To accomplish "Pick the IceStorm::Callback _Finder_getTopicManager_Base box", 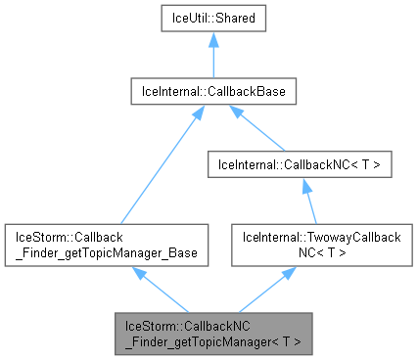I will (x=106, y=245).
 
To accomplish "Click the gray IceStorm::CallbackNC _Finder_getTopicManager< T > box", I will (x=213, y=333).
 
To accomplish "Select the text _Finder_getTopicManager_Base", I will (x=106, y=252).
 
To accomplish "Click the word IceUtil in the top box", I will (x=186, y=19).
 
